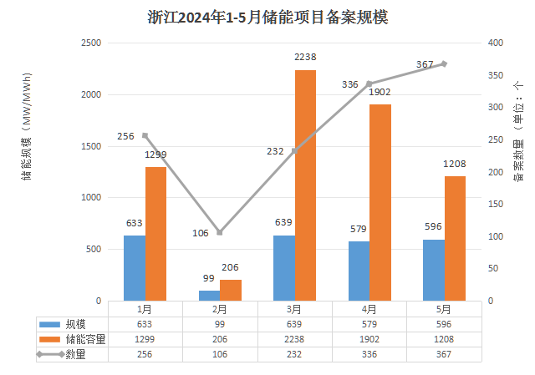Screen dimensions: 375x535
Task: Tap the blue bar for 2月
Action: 209,296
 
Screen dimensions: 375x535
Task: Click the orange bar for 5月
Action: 455,238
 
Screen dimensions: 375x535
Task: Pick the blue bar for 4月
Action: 359,271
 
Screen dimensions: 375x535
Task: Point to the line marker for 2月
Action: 220,232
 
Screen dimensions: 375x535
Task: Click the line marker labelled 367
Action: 444,63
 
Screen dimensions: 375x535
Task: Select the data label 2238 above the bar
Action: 305,57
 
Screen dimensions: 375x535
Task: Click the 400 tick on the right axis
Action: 496,43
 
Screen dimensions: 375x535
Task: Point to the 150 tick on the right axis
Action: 496,204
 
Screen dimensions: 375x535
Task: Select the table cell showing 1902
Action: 369,339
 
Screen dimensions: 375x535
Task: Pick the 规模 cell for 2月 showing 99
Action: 219,324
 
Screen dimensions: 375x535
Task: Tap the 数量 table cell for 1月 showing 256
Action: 145,354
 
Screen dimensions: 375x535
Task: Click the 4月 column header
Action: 369,308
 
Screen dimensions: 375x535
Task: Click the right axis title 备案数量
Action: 518,138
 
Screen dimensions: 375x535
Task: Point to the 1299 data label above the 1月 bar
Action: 156,155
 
